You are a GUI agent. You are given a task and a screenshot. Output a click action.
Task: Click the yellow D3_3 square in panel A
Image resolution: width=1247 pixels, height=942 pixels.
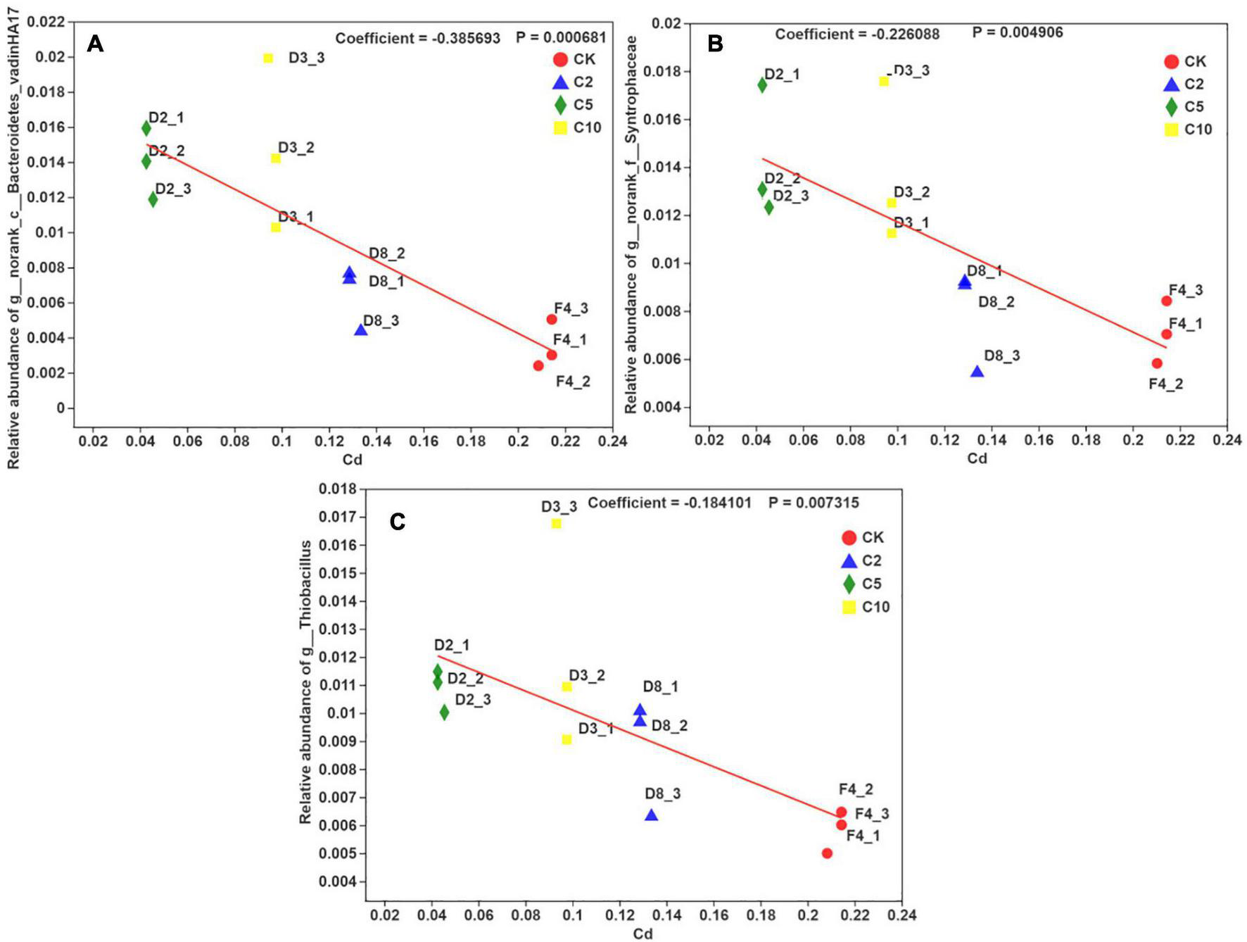268,58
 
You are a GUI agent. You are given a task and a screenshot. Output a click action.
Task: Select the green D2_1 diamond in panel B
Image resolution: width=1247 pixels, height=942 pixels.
762,85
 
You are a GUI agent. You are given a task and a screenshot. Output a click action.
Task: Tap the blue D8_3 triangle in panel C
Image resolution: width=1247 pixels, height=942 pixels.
652,815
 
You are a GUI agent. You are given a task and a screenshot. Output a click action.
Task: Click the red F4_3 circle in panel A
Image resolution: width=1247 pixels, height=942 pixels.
552,319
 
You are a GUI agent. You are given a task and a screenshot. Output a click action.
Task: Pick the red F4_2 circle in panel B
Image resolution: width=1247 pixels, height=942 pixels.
1157,363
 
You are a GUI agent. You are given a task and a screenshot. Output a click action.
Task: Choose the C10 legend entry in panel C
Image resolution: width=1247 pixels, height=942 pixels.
866,607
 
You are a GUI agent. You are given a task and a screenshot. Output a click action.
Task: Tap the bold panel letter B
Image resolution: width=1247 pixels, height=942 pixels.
715,44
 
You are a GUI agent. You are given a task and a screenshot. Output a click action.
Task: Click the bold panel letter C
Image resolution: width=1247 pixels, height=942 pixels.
398,522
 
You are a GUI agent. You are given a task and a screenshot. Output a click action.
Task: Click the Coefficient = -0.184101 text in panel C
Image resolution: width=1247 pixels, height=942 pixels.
669,503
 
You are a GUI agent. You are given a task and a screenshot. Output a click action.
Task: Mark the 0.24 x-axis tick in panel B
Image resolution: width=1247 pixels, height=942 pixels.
1227,440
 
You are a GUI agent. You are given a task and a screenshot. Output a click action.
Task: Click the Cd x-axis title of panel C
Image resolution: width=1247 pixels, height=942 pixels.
643,934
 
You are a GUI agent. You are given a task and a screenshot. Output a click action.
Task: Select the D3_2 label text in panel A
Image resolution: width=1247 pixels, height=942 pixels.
296,148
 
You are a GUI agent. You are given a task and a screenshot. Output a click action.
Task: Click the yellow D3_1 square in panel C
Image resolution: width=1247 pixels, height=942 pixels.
566,739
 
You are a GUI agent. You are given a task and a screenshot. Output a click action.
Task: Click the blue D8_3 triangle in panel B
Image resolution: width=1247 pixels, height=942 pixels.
977,372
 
